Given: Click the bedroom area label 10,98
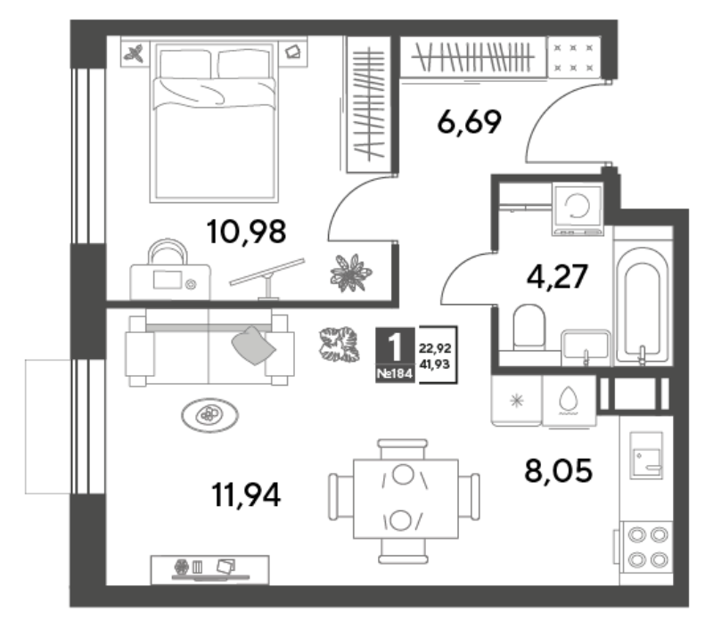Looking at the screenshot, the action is tap(246, 232).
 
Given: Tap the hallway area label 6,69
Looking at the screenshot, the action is tap(469, 122).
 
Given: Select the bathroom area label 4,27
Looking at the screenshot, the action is tap(557, 276).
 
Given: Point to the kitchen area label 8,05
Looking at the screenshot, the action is tap(559, 470).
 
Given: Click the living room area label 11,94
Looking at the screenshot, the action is tap(246, 495).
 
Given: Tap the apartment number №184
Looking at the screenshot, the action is tap(395, 374).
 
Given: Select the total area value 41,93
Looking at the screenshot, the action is tap(435, 364).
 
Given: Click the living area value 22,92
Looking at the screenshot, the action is tap(435, 348).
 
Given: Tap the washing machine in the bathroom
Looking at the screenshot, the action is tap(578, 208).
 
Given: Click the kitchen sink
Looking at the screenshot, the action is tap(645, 455).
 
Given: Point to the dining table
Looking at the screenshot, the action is tap(406, 499).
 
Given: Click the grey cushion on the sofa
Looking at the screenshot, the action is tap(253, 345).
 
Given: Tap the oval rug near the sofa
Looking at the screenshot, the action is tap(209, 415).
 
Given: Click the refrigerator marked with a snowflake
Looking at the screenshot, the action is tap(517, 400).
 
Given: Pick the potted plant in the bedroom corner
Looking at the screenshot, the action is tap(350, 273).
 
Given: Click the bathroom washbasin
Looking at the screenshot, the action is tap(586, 347).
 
